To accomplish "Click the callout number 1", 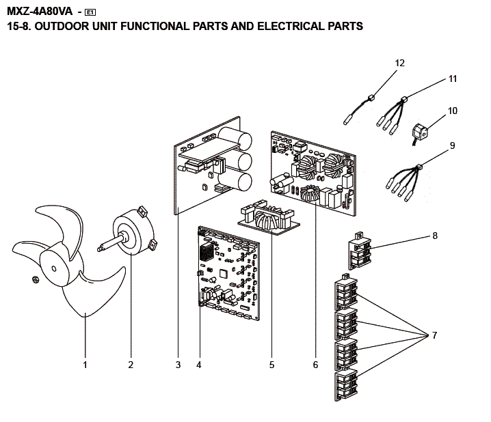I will (85, 365).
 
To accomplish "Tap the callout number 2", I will (130, 365).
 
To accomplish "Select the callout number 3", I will (178, 365).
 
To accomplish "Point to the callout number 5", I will (271, 365).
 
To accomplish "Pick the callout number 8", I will (434, 236).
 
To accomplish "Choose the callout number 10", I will (453, 111).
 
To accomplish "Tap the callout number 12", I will (400, 63).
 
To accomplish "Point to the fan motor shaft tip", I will (100, 250).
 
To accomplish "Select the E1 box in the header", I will (90, 12).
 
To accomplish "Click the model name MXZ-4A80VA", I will (40, 11).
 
